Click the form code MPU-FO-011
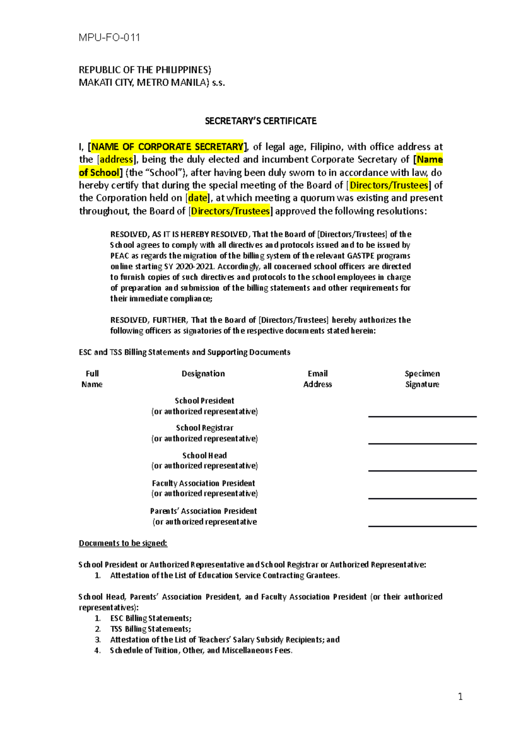(x=109, y=38)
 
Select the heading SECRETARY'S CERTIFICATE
(x=260, y=121)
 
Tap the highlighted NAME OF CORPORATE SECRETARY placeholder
(x=167, y=147)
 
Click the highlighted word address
(x=116, y=159)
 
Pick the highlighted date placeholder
(x=198, y=198)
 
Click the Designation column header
(x=203, y=374)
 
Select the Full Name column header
(x=92, y=379)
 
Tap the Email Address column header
(x=317, y=379)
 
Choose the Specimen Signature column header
(x=422, y=379)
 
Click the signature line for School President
(x=422, y=416)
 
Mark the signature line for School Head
(x=422, y=470)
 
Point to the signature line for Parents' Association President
(x=422, y=526)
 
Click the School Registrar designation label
(x=204, y=428)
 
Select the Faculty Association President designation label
(x=204, y=483)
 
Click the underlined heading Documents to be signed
(x=123, y=543)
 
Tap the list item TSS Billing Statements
(x=150, y=629)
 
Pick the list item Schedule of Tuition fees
(x=201, y=650)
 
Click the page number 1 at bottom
(x=460, y=697)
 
